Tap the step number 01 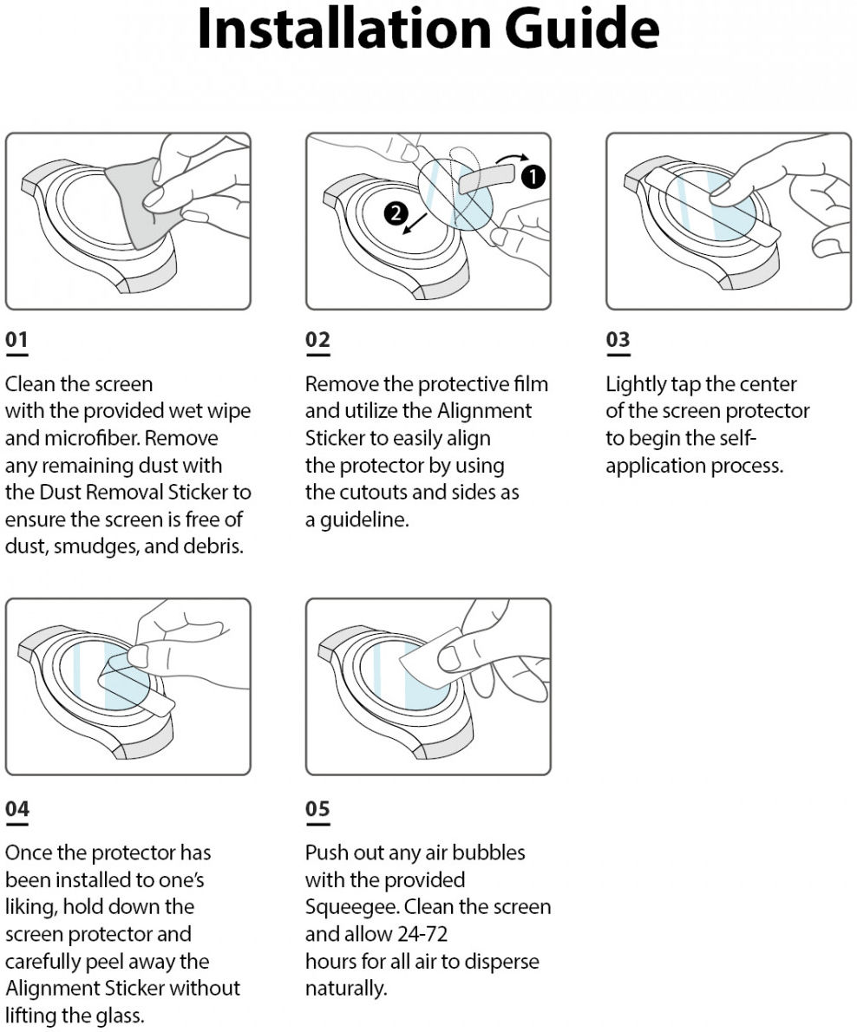click(x=16, y=340)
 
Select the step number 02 click(x=317, y=340)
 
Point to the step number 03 click(x=618, y=340)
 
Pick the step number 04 click(x=16, y=809)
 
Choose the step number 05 click(x=317, y=809)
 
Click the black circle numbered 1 click(x=533, y=177)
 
